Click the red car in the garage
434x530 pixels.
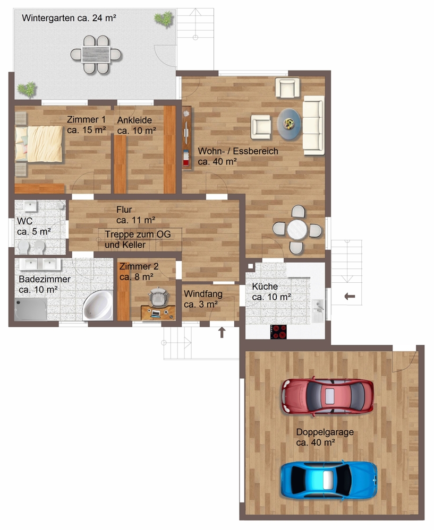point(327,396)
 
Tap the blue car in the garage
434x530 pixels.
point(329,480)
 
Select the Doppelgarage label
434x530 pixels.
point(325,432)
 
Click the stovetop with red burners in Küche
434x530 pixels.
point(278,332)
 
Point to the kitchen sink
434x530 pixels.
point(318,311)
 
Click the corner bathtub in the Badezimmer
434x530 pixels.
point(98,305)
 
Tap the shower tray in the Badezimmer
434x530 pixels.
point(31,309)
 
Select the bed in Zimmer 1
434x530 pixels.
point(39,144)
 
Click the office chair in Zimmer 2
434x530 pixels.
point(158,297)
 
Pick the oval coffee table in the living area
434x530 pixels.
point(289,124)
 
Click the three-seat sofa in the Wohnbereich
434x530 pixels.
point(313,125)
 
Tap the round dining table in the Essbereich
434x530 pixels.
point(297,230)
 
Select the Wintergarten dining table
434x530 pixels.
point(96,55)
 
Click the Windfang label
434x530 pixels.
point(203,294)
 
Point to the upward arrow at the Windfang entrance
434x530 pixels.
point(222,332)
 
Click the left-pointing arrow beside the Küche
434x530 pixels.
point(350,297)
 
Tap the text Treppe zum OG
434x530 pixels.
point(138,234)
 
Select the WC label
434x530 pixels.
point(25,221)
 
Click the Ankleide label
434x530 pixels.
point(134,120)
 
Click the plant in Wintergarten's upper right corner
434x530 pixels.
point(164,19)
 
